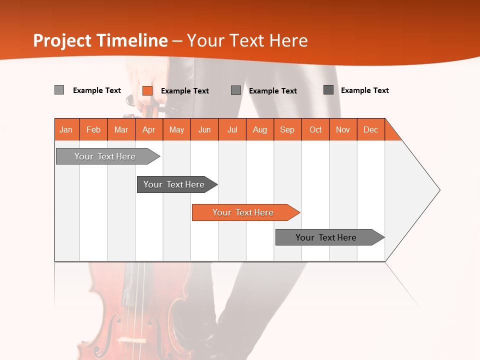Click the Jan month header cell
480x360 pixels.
66,129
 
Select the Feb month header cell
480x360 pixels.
93,129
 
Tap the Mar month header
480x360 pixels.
121,129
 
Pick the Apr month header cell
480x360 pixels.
149,129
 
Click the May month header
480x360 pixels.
176,129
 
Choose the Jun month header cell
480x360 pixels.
204,129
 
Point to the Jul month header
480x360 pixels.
232,129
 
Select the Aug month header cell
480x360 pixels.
260,129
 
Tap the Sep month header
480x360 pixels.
287,129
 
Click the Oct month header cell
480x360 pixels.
315,129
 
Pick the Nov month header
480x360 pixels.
343,129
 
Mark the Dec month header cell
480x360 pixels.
371,129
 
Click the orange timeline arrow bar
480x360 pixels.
245,212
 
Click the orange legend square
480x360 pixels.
147,90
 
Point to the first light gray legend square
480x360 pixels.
59,90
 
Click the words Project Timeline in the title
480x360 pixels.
100,40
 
